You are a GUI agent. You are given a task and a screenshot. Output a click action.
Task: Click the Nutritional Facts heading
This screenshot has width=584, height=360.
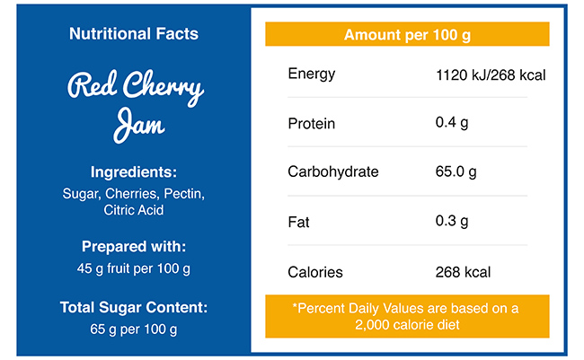[133, 35]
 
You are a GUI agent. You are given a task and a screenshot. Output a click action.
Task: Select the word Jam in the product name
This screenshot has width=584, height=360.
[138, 125]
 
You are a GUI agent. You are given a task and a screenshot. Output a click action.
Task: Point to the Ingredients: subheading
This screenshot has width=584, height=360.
[134, 172]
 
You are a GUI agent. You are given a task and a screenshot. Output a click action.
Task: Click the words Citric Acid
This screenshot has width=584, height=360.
[134, 210]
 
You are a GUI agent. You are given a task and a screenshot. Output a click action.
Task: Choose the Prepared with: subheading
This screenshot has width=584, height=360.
[134, 246]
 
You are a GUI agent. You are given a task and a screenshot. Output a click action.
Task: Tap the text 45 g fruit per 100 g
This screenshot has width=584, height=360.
[134, 268]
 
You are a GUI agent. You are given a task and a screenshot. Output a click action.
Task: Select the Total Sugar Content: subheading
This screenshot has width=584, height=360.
[134, 307]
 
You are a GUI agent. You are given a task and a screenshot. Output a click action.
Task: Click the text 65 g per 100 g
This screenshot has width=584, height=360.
[134, 329]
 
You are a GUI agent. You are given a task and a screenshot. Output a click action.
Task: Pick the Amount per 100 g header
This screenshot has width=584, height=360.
[407, 35]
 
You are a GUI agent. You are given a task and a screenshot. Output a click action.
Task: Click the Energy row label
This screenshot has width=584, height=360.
[311, 73]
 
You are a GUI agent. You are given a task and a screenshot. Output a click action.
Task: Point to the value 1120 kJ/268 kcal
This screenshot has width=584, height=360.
[491, 74]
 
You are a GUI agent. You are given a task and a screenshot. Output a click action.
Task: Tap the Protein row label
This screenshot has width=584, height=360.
[311, 123]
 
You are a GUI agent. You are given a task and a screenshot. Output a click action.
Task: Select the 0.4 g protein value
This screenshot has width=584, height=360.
[452, 123]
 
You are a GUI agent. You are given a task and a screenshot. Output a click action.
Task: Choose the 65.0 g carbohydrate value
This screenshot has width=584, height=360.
[456, 171]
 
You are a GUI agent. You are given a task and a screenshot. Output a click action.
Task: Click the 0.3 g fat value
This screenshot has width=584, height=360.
[452, 221]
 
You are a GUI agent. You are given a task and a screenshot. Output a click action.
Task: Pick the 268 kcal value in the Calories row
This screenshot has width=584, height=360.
[463, 271]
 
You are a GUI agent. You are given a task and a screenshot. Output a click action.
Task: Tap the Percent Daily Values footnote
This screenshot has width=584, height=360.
[407, 316]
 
